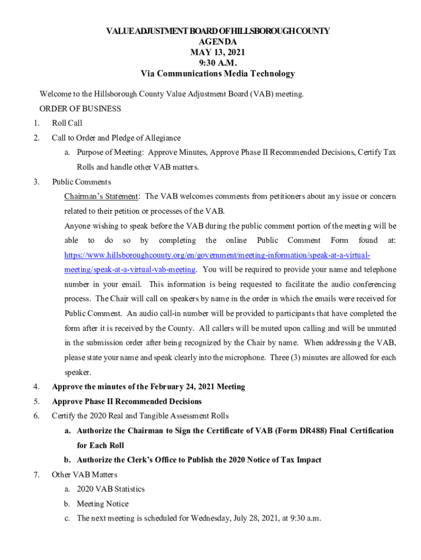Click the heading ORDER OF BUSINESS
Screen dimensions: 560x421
tap(80, 109)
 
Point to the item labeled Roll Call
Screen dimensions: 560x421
tap(67, 123)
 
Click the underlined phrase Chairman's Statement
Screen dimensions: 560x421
tap(102, 196)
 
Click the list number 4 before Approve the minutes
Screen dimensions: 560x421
tap(36, 387)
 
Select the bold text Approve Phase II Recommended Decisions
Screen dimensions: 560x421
tap(127, 401)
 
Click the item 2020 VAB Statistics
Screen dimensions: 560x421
tap(110, 489)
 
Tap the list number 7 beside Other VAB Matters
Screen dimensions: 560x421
tap(36, 474)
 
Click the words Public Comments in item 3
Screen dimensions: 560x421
tap(81, 182)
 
